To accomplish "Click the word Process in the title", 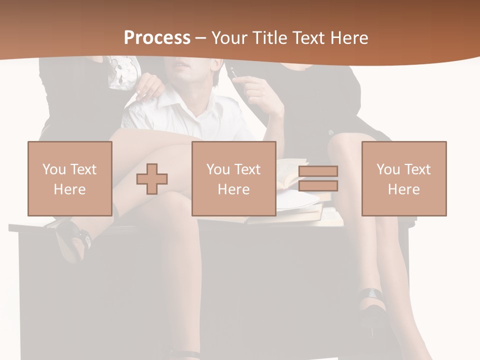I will [x=157, y=38].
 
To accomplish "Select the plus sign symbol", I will [x=152, y=178].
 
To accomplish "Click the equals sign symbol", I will [x=318, y=178].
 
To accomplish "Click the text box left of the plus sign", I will [x=70, y=178].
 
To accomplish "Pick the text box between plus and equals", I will [x=234, y=178].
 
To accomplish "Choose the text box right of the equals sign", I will [x=404, y=178].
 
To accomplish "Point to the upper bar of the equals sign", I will [x=318, y=171].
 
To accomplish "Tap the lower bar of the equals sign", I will [x=318, y=186].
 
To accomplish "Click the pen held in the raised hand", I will [x=234, y=73].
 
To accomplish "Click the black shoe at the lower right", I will [x=372, y=305].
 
